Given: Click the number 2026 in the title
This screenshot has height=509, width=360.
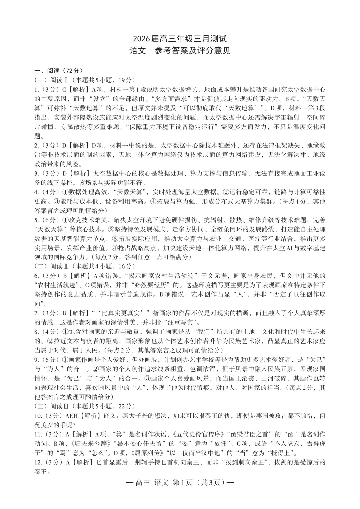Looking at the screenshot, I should pyautogui.click(x=142, y=39).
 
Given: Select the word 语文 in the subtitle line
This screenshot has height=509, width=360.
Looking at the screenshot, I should pyautogui.click(x=137, y=51).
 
